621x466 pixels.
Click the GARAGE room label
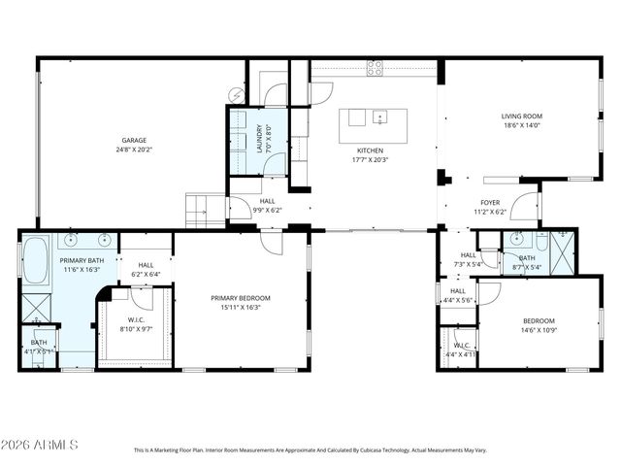[134, 140]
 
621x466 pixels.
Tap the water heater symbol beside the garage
[236, 94]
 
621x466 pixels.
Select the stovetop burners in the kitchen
[375, 68]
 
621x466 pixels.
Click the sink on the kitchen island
[379, 118]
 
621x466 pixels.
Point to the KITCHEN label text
[370, 150]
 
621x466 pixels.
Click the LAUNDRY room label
[259, 137]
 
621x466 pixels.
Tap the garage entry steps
[205, 210]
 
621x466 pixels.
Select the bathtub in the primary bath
[36, 259]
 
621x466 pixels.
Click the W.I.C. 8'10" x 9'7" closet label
[136, 323]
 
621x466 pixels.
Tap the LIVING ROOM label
[521, 116]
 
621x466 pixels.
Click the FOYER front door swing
[525, 206]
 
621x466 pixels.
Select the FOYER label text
[490, 202]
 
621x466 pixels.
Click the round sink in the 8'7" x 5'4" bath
[515, 239]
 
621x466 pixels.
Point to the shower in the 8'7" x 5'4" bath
[562, 244]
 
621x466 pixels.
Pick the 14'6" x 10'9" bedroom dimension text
[539, 330]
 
